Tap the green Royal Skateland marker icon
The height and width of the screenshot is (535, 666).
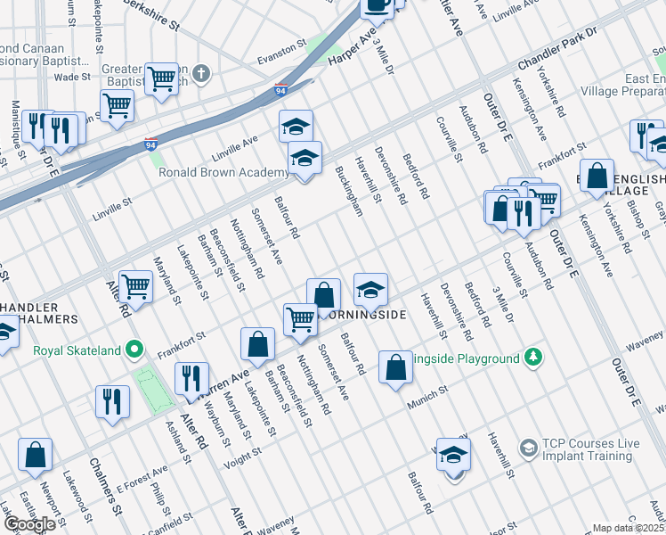134,350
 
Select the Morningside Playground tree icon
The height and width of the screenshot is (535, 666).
533,358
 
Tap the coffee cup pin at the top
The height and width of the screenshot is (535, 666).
377,6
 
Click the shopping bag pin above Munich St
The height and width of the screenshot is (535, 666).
395,366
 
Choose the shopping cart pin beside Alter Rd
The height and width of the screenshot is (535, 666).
135,287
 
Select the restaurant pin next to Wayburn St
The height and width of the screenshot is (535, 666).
191,378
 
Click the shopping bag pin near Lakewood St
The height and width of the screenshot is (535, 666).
35,454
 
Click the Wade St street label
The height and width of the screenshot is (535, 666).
68,78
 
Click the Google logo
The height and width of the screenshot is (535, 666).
29,524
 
